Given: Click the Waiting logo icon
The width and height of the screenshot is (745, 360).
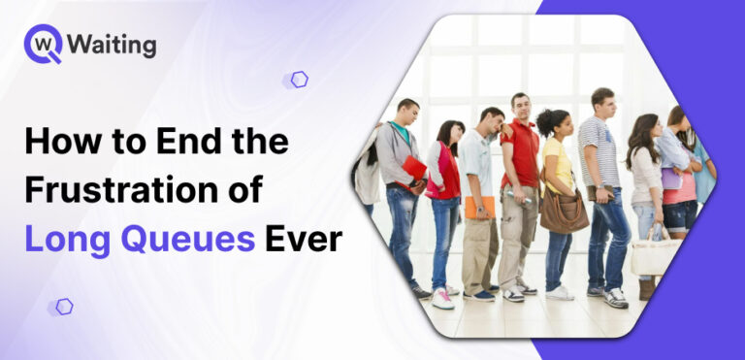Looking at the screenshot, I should coord(44,44).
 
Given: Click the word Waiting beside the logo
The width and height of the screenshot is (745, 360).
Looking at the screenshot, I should coord(113,45).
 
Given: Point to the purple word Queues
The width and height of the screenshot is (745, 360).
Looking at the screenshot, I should coord(198,238).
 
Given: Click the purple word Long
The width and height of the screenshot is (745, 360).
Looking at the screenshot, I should coord(68,238).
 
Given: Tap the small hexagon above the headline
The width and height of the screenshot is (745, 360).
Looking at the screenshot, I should coord(299,80).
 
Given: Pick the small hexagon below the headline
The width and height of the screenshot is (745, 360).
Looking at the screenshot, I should coord(64,307).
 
